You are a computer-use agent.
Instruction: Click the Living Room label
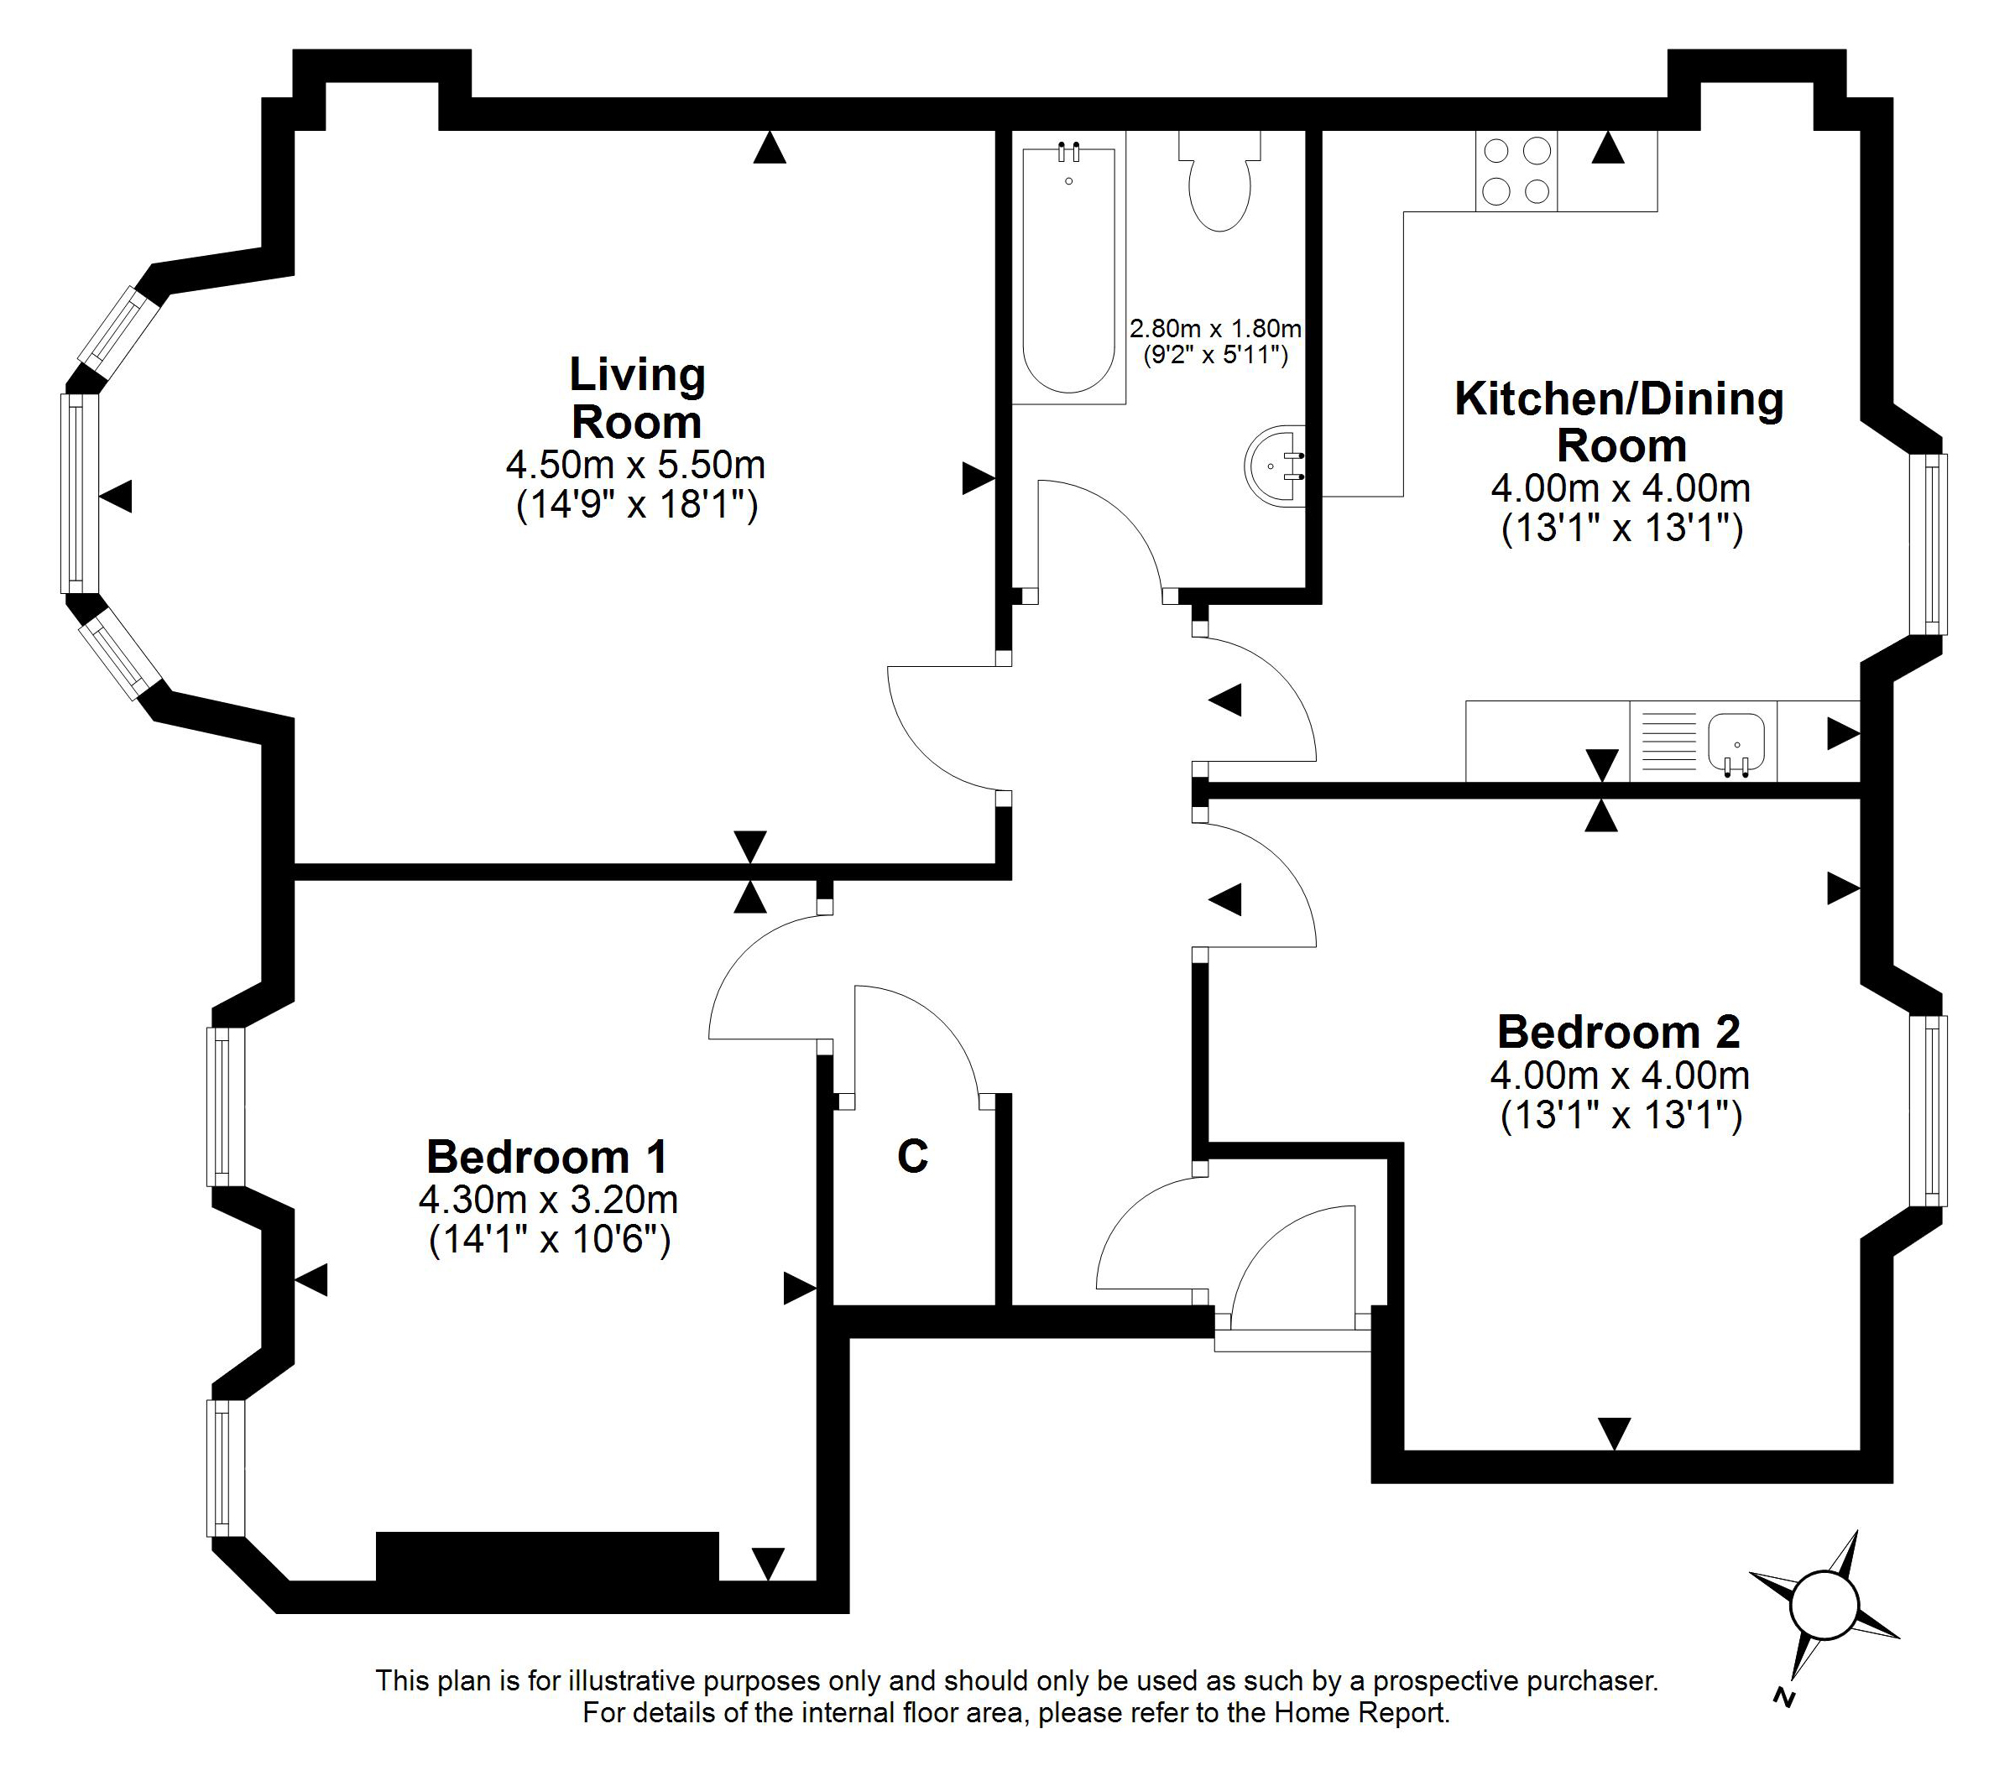coord(637,398)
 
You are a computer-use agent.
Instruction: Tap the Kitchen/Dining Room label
coord(1620,422)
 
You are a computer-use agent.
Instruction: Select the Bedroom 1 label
coord(547,1157)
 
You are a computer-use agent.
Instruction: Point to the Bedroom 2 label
coord(1619,1033)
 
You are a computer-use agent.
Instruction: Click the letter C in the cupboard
coord(912,1157)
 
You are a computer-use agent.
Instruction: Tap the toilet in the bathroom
coord(1219,181)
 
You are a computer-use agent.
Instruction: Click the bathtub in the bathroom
coord(1068,267)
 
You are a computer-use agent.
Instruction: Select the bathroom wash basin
coord(1276,466)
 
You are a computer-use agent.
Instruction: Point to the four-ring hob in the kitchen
coord(1516,171)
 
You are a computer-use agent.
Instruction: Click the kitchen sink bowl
coord(1736,742)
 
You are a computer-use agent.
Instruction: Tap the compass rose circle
coord(1824,1633)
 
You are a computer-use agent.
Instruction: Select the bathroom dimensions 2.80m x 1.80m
coord(1216,328)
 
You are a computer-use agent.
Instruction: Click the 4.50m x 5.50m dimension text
coord(636,464)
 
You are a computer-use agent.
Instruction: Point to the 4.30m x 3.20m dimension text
coord(548,1199)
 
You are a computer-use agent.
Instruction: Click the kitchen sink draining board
coord(1668,741)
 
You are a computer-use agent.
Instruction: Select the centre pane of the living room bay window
coord(79,493)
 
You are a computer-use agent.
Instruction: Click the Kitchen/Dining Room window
coord(1929,544)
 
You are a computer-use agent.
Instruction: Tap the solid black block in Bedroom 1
coord(547,1557)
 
